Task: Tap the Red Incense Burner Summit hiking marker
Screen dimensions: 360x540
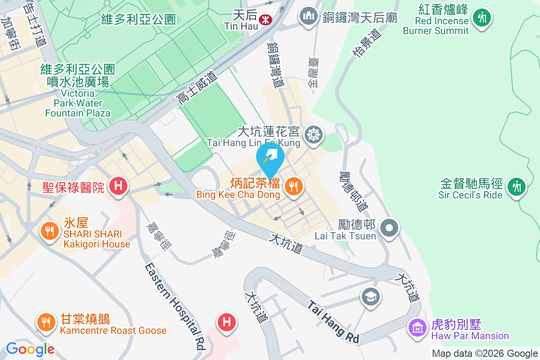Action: click(x=482, y=18)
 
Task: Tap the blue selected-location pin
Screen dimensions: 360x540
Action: click(x=270, y=159)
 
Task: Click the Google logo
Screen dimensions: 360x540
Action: click(x=30, y=349)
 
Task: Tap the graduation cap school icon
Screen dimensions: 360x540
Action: click(x=371, y=297)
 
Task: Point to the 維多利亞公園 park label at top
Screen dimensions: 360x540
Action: click(x=138, y=19)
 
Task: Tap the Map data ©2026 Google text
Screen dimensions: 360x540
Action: click(x=485, y=354)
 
